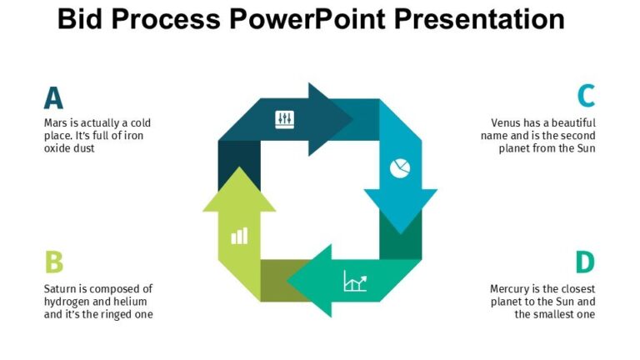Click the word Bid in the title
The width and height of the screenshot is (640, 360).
pos(82,18)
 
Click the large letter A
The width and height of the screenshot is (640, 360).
pos(53,97)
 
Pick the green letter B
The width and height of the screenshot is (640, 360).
pos(53,262)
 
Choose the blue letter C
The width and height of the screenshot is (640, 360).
pos(586,97)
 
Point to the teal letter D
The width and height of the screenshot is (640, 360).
pos(585,262)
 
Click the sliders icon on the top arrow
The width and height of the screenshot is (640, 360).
pos(285,119)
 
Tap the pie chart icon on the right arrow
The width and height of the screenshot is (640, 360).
pos(400,168)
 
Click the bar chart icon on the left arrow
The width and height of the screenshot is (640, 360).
pos(239,235)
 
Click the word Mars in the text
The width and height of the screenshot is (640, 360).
pos(56,123)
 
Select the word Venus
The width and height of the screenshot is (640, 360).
pos(507,123)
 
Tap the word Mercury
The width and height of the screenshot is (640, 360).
pos(510,289)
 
